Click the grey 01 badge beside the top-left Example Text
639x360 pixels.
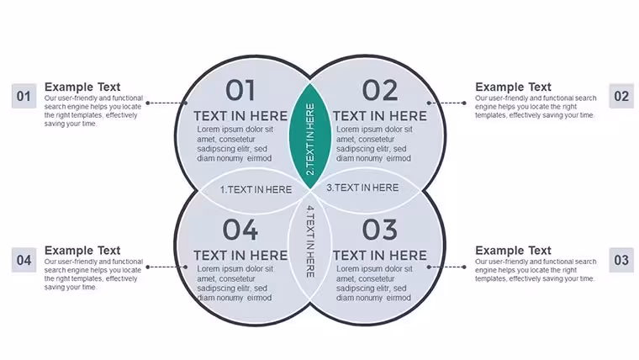[x=24, y=96]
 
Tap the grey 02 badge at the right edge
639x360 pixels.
[x=621, y=96]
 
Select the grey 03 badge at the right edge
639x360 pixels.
[x=621, y=260]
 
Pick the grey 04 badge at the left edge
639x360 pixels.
[x=24, y=260]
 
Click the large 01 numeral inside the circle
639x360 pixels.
[x=240, y=90]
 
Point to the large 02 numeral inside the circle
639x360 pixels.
[x=380, y=90]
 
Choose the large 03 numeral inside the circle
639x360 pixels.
[x=380, y=230]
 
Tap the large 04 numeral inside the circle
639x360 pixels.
[x=240, y=230]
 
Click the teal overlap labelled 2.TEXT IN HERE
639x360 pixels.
[x=310, y=136]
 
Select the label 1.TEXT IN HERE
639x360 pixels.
[x=256, y=189]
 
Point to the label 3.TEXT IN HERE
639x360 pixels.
[x=362, y=188]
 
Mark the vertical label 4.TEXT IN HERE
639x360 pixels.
[x=310, y=241]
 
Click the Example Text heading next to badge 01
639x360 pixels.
[x=82, y=87]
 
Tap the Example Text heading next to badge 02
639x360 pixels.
[x=513, y=87]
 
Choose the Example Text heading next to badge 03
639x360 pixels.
[x=513, y=251]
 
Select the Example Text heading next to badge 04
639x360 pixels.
[x=82, y=251]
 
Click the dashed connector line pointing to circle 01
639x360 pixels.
[x=166, y=103]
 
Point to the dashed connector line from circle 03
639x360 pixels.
[x=446, y=267]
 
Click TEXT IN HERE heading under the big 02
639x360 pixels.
[x=380, y=116]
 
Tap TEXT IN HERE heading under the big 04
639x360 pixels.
[x=240, y=255]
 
